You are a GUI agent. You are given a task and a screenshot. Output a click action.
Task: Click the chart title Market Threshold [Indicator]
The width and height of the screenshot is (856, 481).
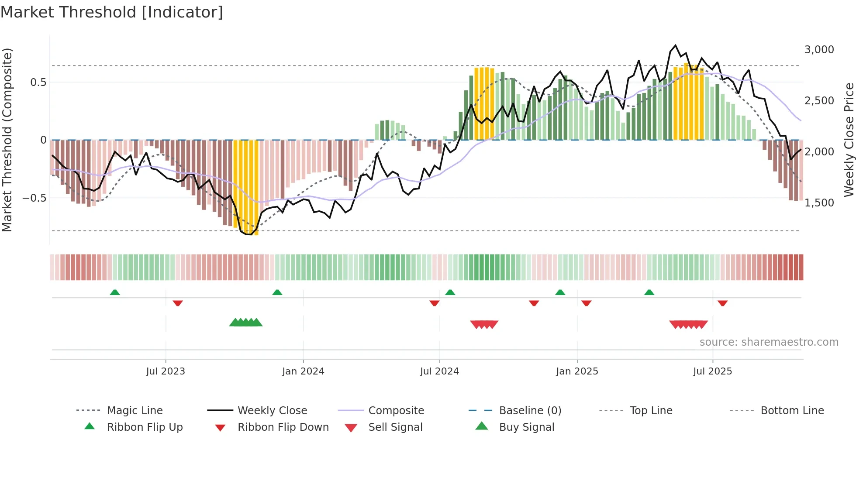[112, 12]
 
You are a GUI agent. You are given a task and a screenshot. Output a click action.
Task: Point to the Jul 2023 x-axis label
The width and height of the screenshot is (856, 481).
[166, 371]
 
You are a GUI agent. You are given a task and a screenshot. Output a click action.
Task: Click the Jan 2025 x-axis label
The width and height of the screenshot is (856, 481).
[577, 371]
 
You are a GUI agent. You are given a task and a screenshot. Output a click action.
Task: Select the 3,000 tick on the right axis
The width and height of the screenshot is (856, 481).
[819, 50]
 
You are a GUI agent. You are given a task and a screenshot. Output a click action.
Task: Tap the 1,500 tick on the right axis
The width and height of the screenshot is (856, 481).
[819, 203]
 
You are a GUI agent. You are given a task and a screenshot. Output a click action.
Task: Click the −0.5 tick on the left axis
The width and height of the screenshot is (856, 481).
[35, 198]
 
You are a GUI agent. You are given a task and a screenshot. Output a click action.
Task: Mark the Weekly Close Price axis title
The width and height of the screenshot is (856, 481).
[849, 140]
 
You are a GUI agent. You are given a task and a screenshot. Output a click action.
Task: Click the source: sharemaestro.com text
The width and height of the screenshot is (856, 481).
[769, 342]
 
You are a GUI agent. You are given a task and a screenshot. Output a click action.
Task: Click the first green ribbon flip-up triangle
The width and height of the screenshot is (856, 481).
[115, 292]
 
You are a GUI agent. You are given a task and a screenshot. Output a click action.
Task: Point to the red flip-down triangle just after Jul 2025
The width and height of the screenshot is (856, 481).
[722, 303]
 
